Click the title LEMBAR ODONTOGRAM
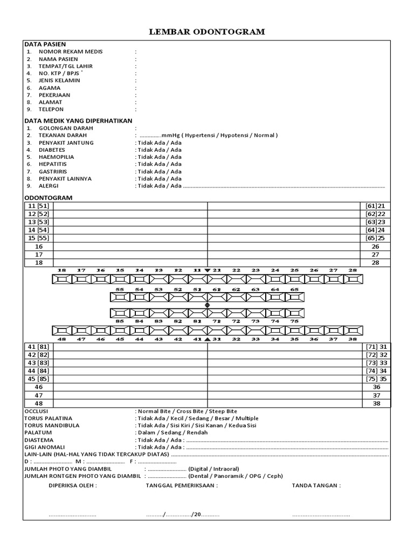[207, 32]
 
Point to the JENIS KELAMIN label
[59, 80]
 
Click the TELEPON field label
[51, 109]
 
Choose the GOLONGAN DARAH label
[66, 128]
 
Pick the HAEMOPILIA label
[56, 157]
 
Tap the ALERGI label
[49, 185]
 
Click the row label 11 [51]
[38, 206]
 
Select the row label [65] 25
[375, 238]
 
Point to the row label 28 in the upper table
[375, 262]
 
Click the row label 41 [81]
[38, 346]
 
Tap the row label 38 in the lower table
[376, 403]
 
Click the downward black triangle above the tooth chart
[208, 270]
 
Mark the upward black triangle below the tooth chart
[208, 339]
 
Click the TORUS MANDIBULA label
[52, 426]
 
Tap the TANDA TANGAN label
[316, 485]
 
